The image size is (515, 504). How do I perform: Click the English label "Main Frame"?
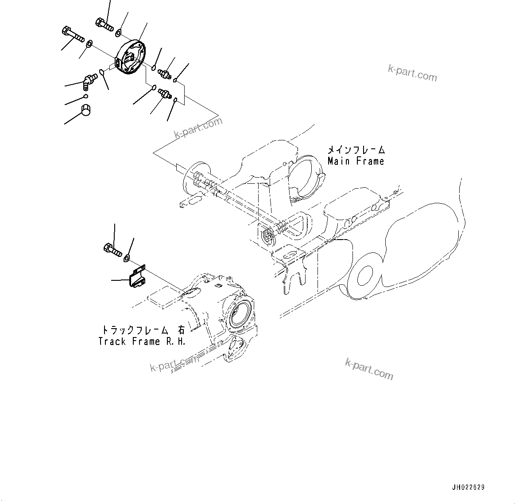click(x=356, y=162)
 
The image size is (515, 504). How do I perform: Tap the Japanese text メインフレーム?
click(x=356, y=150)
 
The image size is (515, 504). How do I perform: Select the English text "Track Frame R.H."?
click(x=142, y=341)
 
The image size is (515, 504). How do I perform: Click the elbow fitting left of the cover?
click(x=89, y=81)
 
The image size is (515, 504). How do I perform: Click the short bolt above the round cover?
click(x=104, y=23)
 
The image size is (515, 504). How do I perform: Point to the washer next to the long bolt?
click(x=89, y=43)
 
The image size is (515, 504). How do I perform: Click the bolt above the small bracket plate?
click(x=112, y=250)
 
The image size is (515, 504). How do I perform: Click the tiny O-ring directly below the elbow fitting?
click(x=86, y=96)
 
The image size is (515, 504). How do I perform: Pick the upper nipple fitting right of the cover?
click(x=166, y=73)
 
